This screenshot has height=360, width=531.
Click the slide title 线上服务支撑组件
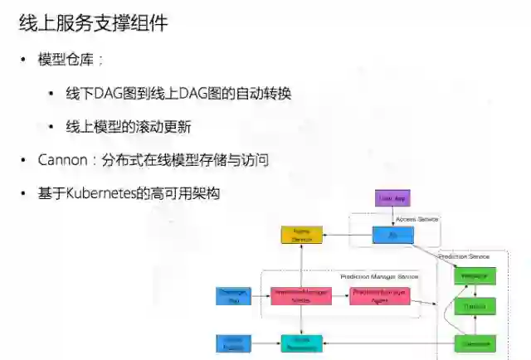coord(93,23)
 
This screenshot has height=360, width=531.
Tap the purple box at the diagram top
coord(392,199)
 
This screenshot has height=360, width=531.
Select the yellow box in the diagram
coord(301,236)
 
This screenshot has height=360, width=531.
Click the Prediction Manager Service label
coord(379,276)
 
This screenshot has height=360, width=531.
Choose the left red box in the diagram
coord(300,295)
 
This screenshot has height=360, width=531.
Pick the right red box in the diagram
coord(379,295)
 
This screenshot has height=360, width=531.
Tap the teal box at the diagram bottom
coord(301,342)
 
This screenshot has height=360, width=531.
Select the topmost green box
coord(475,275)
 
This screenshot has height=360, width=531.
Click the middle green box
coord(475,307)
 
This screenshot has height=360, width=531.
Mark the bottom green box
coord(475,342)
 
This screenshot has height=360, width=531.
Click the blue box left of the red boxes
coord(231,295)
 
